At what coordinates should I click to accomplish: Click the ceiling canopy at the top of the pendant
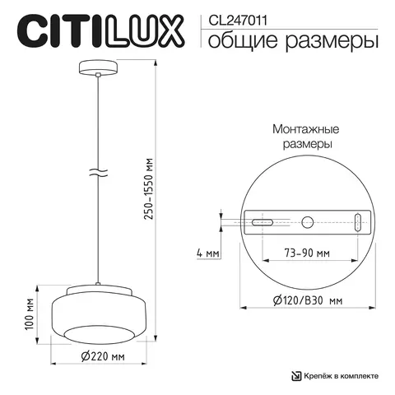(x=98, y=70)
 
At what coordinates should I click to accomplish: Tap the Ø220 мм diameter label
(x=101, y=356)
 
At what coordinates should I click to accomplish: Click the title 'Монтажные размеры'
(x=307, y=137)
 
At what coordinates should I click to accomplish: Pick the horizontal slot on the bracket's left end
(x=262, y=223)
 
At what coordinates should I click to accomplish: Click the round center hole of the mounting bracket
(x=307, y=222)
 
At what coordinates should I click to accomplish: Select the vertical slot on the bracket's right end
(x=358, y=222)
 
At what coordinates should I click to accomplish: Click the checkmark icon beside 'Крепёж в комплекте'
(x=296, y=375)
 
